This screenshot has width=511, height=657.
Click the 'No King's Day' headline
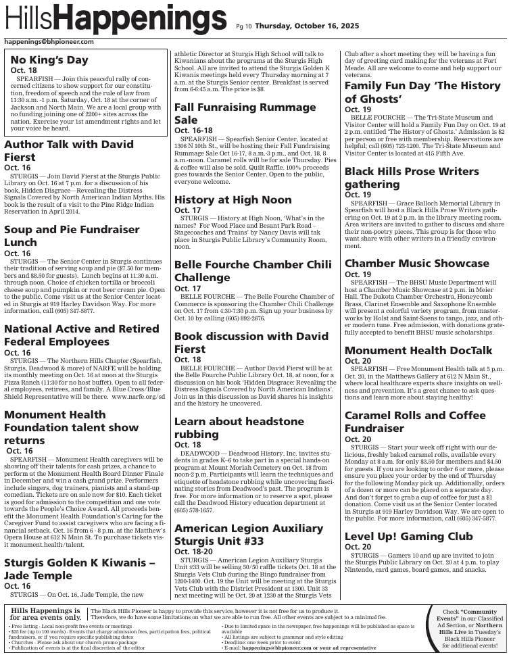point(49,60)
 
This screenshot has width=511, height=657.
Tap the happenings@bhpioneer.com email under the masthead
point(49,42)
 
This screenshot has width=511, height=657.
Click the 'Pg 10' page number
point(243,27)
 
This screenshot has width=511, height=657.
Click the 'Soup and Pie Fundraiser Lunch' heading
point(72,236)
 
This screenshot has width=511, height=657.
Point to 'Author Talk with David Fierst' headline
point(69,151)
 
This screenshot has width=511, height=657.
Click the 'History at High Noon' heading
point(233,199)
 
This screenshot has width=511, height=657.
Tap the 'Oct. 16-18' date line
point(193,130)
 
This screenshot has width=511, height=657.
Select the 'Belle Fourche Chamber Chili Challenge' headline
point(253,270)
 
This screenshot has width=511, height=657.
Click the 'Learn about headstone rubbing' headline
point(239,427)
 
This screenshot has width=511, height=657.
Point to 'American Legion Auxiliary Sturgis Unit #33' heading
point(249,534)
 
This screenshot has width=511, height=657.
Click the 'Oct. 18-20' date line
point(193,551)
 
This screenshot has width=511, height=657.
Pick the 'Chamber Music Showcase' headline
point(416,263)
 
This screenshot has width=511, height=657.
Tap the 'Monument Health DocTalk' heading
point(418,350)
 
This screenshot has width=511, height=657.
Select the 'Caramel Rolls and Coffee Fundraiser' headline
point(415,421)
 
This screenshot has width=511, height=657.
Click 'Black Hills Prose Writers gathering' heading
point(412,177)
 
